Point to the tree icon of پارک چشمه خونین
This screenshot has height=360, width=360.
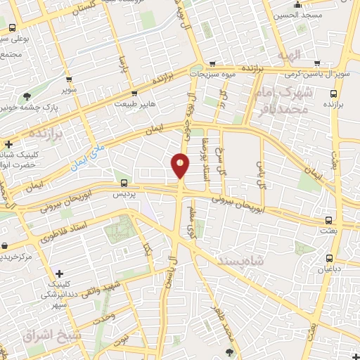coord(27,96)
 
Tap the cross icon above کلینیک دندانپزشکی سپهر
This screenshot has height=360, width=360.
coord(59,273)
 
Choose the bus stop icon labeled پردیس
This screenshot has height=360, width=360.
coord(124,184)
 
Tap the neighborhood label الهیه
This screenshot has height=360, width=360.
coord(288,55)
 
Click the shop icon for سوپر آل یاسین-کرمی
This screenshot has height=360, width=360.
coord(317,63)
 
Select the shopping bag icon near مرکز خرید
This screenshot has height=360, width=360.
coord(5,245)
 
